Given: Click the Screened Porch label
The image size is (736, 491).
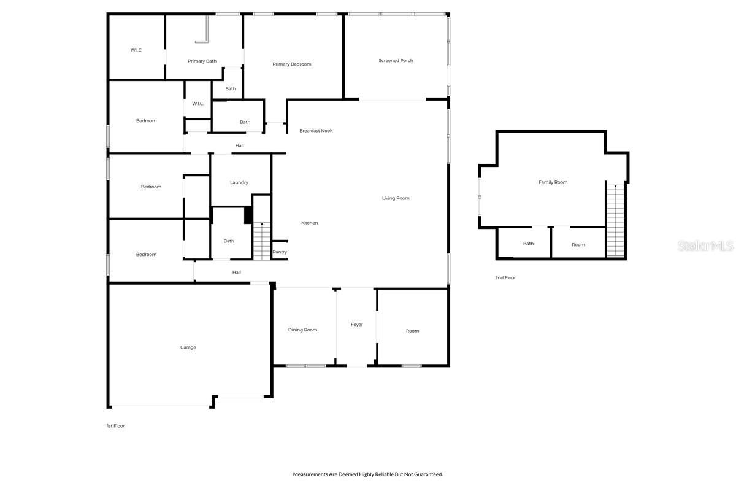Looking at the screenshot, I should point(396,61).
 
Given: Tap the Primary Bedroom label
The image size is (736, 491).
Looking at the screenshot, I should point(292,64).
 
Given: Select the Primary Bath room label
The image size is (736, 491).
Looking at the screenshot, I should point(202,61).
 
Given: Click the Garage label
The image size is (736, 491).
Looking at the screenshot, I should point(188,347).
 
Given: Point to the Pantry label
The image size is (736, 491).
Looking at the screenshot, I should point(280,252).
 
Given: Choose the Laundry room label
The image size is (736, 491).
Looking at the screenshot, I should point(239,182).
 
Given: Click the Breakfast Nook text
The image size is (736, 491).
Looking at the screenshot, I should point(316,131).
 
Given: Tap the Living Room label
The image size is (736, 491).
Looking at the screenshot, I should point(396,198).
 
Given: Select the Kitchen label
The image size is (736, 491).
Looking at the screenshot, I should point(310,223).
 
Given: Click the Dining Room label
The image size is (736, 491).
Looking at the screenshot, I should point(302,330).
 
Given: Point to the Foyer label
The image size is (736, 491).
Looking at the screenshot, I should point(356,325).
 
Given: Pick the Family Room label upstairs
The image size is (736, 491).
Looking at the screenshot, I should point(553,182).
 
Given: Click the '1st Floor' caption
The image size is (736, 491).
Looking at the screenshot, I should point(115,426).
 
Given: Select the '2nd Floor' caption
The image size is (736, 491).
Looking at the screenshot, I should point(505,278).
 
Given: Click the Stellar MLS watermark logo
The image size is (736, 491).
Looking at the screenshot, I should point(705,246).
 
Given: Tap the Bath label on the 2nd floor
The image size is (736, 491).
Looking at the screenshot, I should point(528,244).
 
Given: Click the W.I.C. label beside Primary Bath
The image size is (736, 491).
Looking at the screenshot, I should point(136,50).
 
